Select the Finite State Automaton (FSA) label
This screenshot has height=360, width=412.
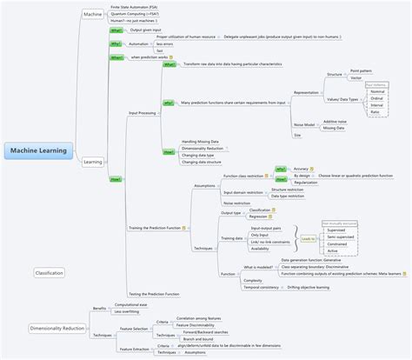[134, 6]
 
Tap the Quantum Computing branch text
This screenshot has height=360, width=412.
[134, 14]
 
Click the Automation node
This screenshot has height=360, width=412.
[138, 43]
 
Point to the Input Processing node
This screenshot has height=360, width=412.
[142, 113]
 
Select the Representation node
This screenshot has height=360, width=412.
[306, 92]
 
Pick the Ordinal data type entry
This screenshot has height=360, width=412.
[377, 98]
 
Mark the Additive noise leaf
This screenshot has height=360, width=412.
[336, 123]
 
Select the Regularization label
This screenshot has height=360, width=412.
[305, 183]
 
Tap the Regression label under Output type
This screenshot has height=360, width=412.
[259, 216]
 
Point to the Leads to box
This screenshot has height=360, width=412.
[308, 238]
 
